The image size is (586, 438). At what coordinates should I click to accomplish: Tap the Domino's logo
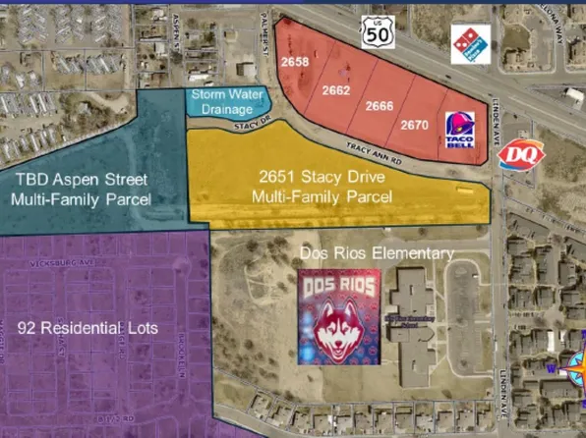click(470, 45)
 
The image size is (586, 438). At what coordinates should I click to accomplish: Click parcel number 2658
click(295, 61)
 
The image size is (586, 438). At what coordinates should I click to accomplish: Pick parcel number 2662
click(336, 89)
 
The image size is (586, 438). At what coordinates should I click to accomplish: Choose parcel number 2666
click(380, 105)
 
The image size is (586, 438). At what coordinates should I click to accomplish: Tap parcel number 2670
click(414, 125)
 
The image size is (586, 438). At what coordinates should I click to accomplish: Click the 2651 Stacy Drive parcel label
click(322, 188)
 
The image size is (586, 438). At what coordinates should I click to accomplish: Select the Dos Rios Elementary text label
click(377, 253)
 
